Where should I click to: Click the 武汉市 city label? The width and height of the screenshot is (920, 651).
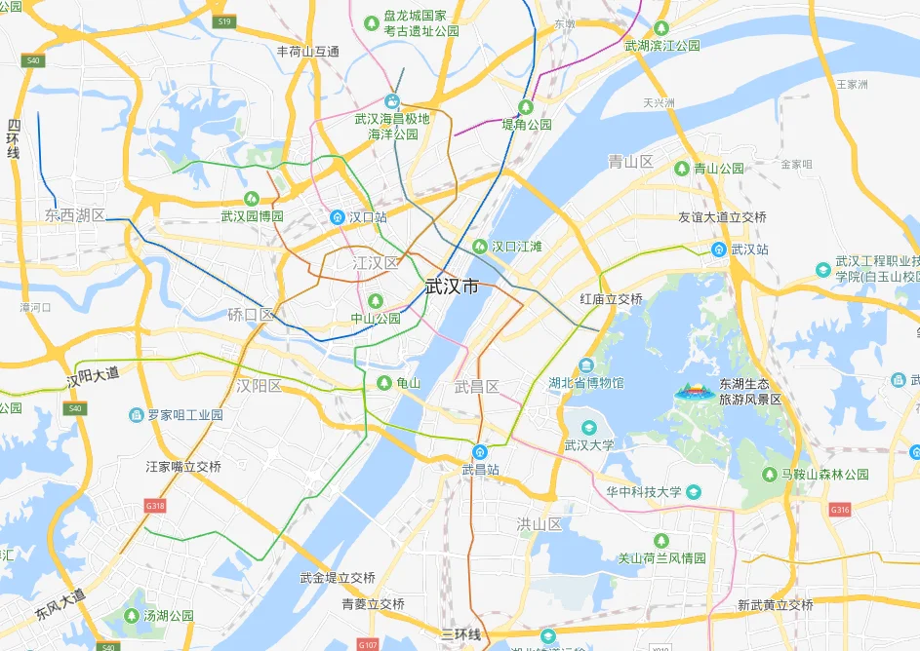pos(453,287)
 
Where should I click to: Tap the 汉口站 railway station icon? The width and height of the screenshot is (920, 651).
pos(338,216)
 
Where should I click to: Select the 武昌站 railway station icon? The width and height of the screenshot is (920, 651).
pos(480,452)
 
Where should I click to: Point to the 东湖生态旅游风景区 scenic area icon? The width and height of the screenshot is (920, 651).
pos(695,391)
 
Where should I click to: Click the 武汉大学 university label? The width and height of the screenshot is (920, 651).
pos(589,445)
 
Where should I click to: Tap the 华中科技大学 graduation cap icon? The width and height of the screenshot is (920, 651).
pos(694,492)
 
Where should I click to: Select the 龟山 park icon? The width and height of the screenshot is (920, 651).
pos(384,383)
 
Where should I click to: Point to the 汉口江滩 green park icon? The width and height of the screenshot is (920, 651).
pos(479,247)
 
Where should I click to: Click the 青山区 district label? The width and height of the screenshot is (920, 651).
pos(630,162)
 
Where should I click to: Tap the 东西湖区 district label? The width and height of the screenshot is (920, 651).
pos(74,214)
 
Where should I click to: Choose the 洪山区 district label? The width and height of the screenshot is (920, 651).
pos(540,524)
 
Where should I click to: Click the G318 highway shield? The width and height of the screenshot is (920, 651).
pos(155,507)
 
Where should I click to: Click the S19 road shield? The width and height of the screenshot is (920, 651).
pos(225,21)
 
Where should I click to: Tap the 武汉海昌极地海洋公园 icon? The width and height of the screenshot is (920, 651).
pos(392,100)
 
